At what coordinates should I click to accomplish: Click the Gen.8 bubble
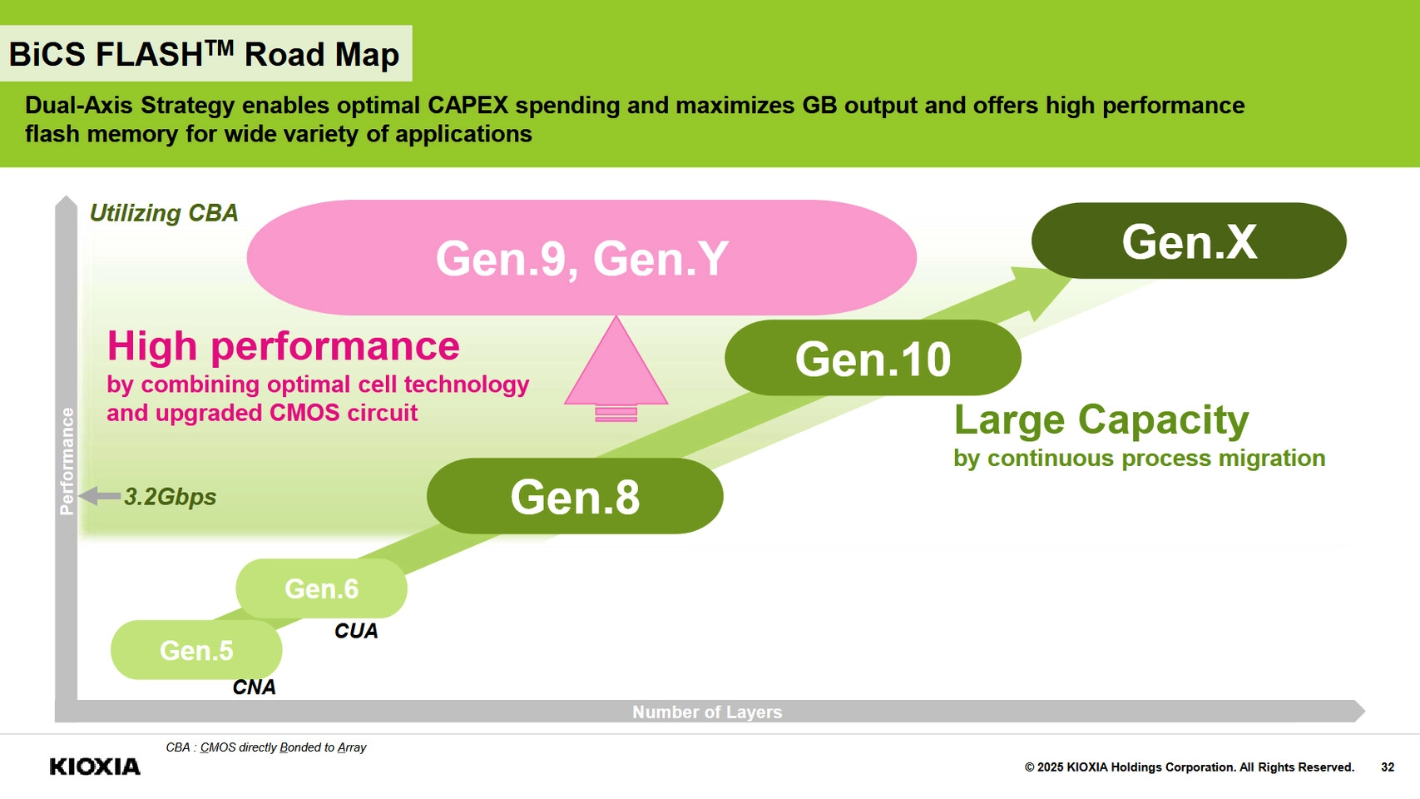point(574,497)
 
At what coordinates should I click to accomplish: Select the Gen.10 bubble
point(873,359)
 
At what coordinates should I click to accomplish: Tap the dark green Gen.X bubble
point(1189,241)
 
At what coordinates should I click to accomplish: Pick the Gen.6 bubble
point(321,588)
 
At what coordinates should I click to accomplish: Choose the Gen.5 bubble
point(196,650)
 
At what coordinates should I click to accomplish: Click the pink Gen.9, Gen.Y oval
point(581,258)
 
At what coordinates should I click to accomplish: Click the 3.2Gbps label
point(170,497)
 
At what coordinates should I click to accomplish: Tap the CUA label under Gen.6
point(356,631)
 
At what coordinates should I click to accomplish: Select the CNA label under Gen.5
point(254,687)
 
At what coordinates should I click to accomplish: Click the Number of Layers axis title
point(707,712)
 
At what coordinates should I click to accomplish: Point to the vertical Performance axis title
point(67,461)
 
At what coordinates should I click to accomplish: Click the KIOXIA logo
point(95,767)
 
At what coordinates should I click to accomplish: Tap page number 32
point(1388,767)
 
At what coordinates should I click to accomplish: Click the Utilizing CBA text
point(164,213)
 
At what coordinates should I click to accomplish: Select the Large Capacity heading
point(1101,419)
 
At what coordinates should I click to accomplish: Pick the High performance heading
point(283,345)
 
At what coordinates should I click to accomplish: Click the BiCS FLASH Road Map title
point(205,54)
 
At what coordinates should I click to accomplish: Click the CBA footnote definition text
point(266,747)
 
